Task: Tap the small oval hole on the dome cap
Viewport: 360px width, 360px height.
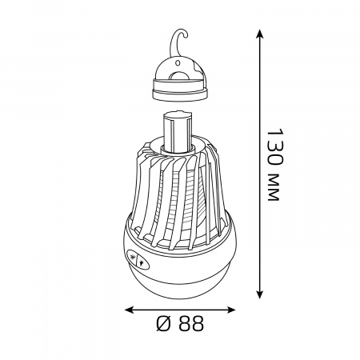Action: pyautogui.click(x=178, y=63)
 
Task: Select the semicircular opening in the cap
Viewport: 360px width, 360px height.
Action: pyautogui.click(x=180, y=76)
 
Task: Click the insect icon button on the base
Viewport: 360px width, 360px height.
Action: pyautogui.click(x=132, y=257)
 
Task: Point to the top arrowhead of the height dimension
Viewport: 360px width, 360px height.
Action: pyautogui.click(x=259, y=34)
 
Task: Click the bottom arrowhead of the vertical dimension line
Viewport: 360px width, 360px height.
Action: pyautogui.click(x=259, y=294)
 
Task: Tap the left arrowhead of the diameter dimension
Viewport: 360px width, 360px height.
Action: pyautogui.click(x=129, y=310)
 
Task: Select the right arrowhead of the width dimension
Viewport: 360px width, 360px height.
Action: pyautogui.click(x=231, y=310)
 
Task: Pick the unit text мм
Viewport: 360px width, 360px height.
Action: pyautogui.click(x=274, y=188)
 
